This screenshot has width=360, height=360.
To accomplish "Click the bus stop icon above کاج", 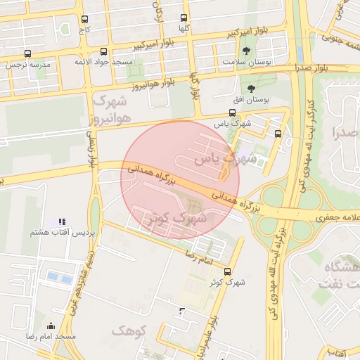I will (85, 20).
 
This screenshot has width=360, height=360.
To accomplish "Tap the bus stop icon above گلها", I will (184, 18).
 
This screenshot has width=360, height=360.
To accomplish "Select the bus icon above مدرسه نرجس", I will (27, 53).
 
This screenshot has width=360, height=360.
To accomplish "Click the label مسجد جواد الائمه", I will (104, 63).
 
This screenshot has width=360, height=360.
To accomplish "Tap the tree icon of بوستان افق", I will (252, 89).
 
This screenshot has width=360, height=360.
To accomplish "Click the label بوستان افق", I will (247, 100).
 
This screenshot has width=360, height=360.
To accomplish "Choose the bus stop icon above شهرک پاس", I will (233, 112).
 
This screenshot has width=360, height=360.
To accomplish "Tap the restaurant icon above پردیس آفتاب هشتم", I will (62, 221).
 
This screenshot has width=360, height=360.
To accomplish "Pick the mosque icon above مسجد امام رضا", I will (51, 326).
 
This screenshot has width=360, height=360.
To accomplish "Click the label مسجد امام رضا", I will (51, 337).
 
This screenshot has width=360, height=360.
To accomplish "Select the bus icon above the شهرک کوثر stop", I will (226, 271).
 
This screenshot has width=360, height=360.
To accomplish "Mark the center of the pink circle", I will (180, 180).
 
